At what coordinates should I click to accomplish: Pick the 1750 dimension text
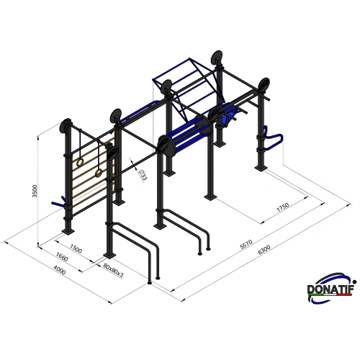tap(282, 207)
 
